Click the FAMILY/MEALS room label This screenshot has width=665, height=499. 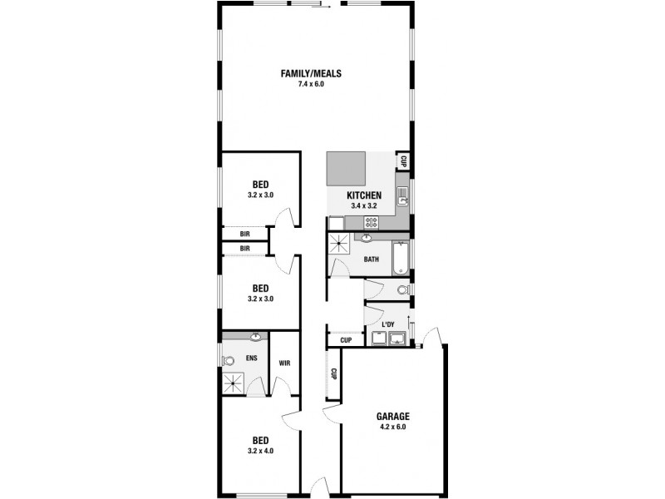310,73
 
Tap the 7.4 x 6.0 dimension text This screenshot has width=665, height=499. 310,84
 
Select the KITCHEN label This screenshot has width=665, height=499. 364,195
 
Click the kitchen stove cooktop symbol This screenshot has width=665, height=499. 371,221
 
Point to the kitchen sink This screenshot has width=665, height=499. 401,196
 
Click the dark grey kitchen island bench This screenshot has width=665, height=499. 346,168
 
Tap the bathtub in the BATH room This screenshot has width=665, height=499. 401,258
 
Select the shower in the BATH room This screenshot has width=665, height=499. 340,245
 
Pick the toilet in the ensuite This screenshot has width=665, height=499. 227,361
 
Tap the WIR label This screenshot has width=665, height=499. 283,363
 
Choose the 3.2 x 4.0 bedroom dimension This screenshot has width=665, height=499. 260,451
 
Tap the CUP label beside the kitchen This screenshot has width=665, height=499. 403,161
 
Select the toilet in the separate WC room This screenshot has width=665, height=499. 402,290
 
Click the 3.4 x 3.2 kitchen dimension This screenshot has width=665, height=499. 364,205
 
